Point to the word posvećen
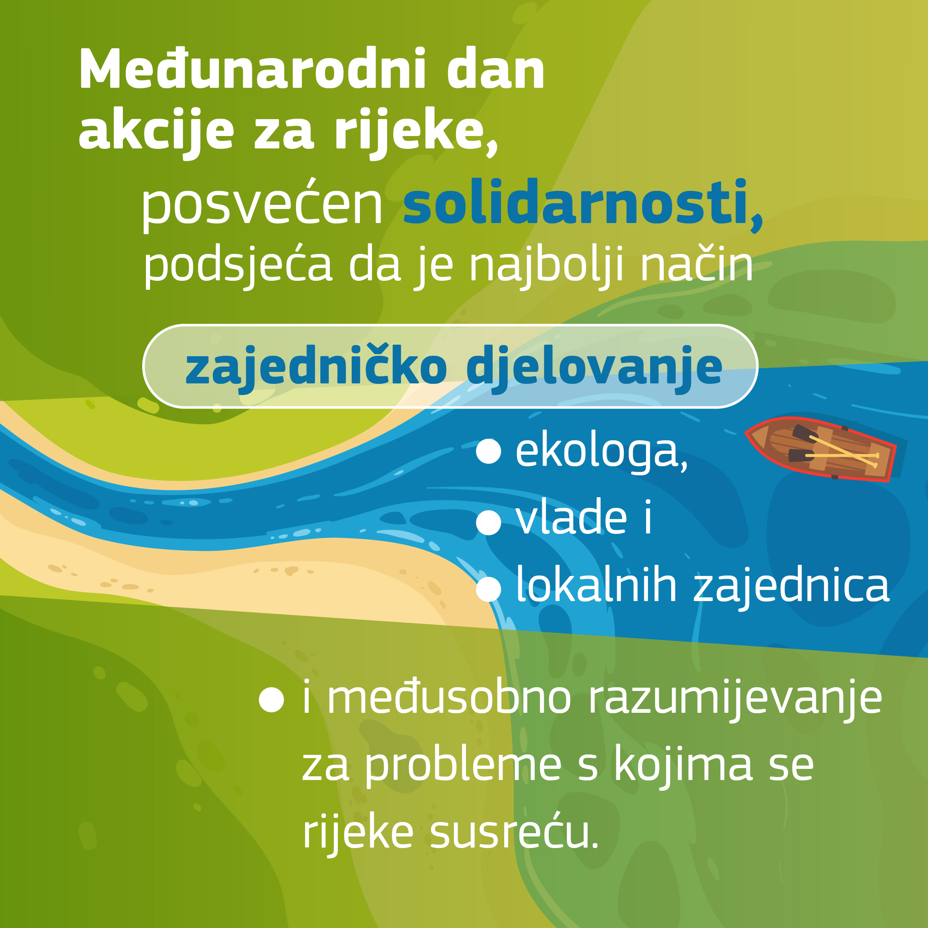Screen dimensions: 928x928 261,204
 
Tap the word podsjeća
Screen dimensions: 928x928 238,265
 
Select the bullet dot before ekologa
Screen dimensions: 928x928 489,451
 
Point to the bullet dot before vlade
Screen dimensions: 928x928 489,523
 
